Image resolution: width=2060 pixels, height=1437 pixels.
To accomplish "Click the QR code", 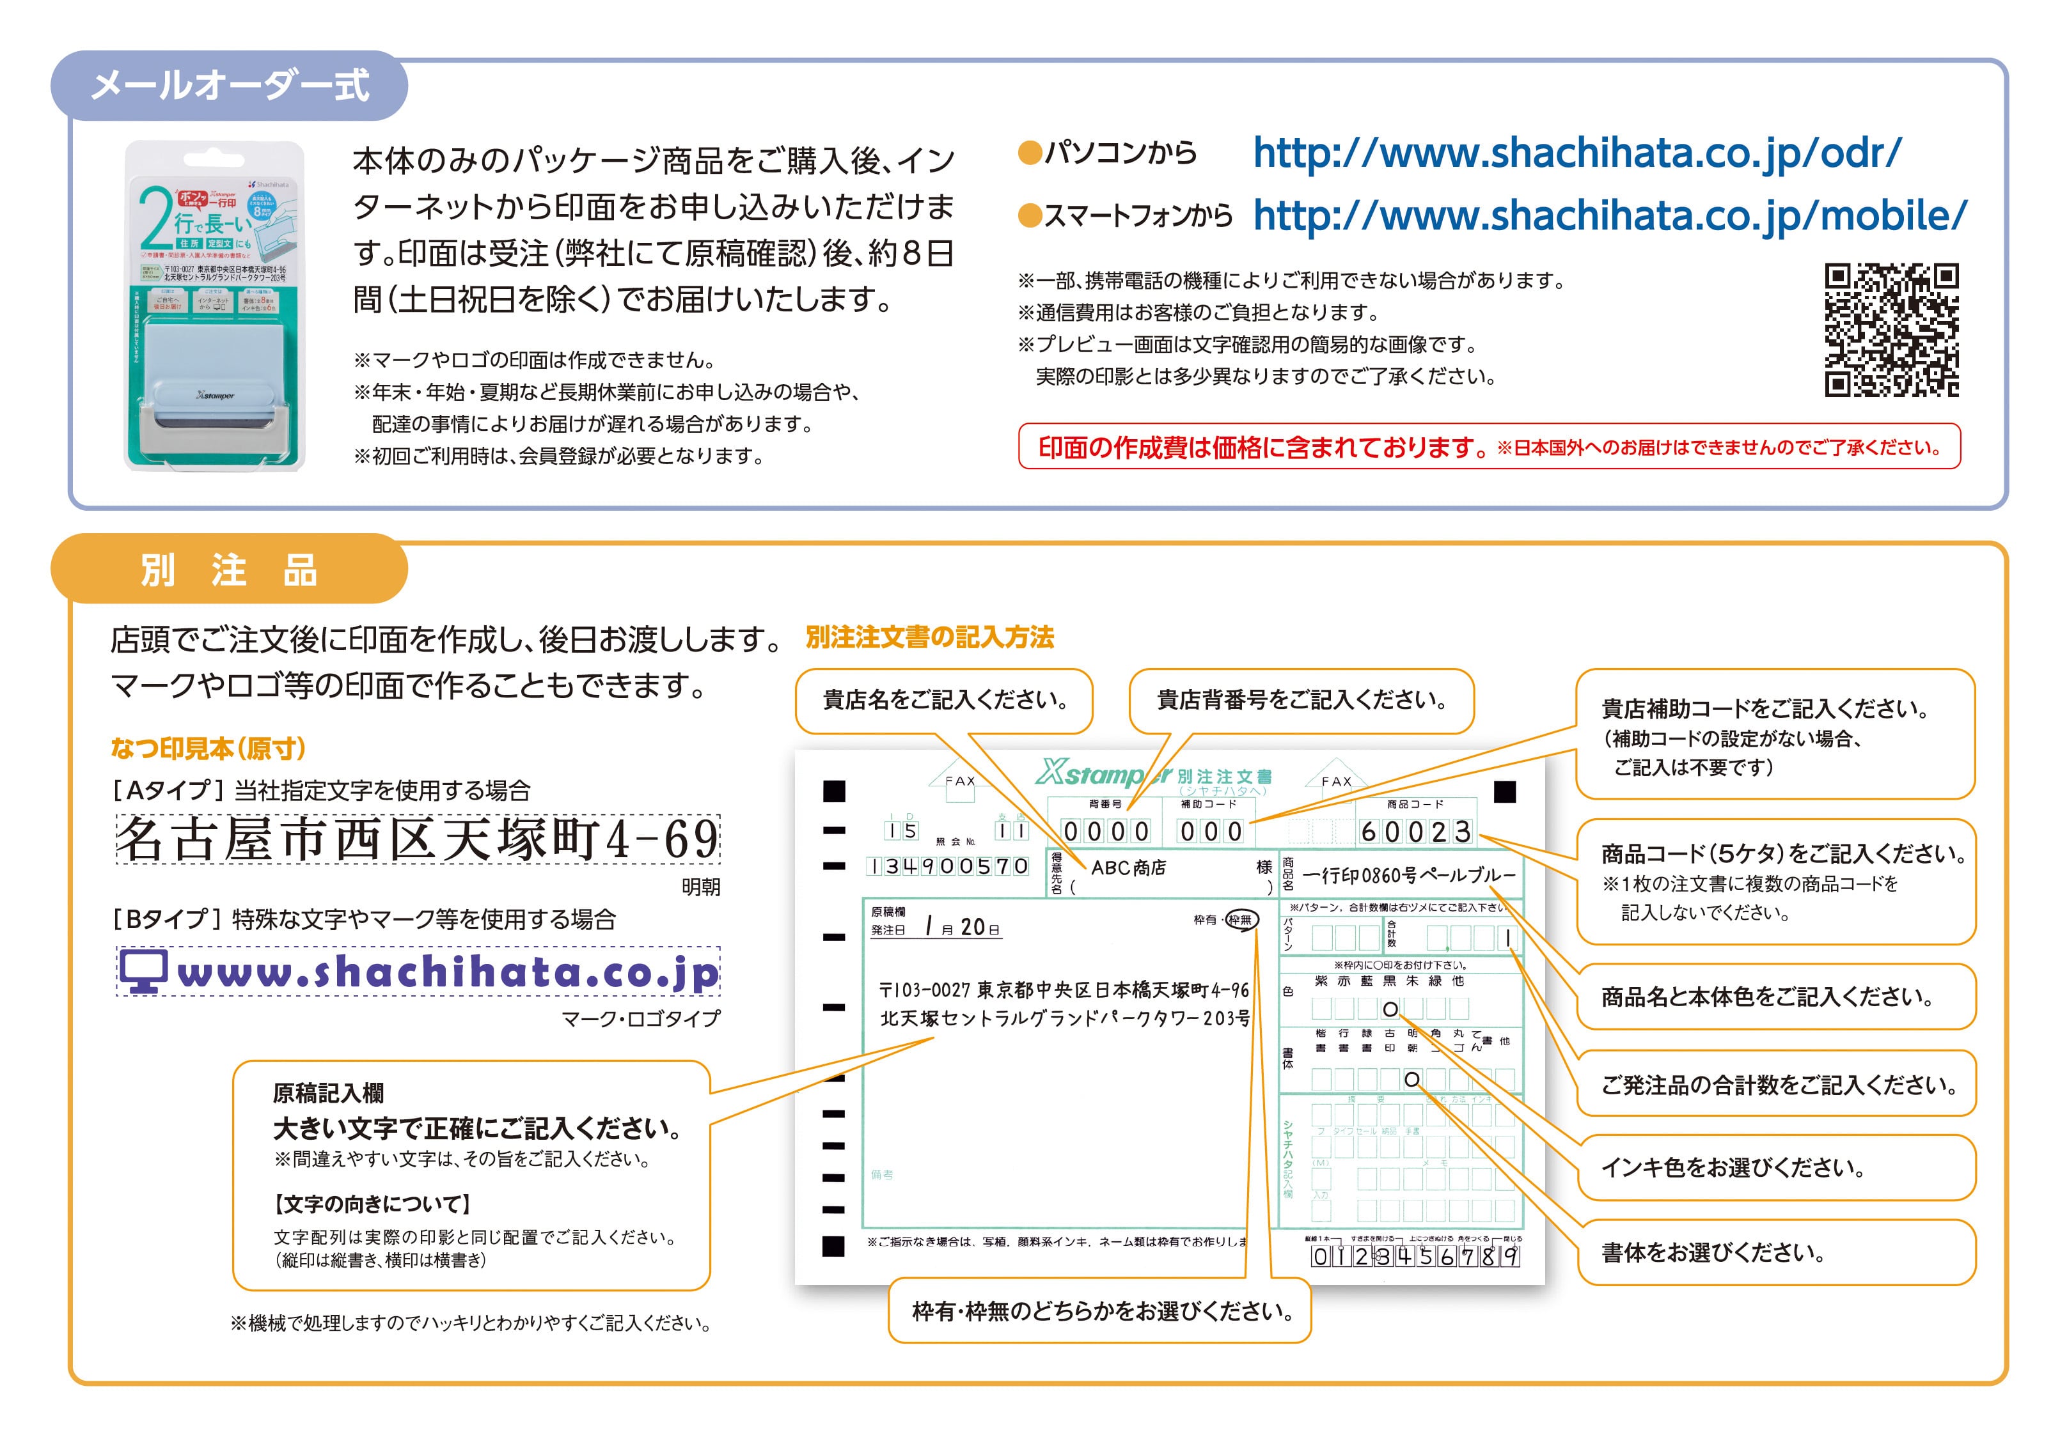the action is pos(1891,329).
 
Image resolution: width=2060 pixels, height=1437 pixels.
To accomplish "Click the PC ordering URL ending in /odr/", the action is pos(1576,153).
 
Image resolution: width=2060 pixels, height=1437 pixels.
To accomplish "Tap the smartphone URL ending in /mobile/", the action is pos(1610,215).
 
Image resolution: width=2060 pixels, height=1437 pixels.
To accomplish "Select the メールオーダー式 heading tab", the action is pos(230,86).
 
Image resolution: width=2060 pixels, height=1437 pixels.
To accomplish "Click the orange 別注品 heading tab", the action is pos(230,570).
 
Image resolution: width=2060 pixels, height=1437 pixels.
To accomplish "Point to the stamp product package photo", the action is pos(214,305).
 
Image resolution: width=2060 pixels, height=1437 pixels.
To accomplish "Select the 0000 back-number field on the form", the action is pos(1105,832).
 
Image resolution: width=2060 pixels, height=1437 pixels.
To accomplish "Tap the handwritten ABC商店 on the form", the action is pos(1128,867).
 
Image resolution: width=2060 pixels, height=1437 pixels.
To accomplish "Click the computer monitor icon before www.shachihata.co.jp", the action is pos(143,972).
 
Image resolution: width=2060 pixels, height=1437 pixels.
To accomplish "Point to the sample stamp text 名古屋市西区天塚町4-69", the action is pos(418,839).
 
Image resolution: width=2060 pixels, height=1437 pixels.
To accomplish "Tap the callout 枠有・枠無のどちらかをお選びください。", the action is pos(1101,1312).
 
